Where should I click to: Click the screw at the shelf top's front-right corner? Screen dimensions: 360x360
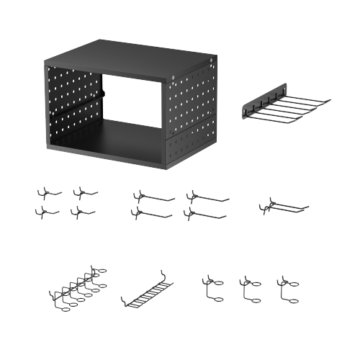175,78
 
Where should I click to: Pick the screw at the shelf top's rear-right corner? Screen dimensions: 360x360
210,60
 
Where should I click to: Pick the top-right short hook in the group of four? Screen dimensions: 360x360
84,192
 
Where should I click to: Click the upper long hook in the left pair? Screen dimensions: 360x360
153,197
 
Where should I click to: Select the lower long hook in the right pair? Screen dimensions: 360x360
205,214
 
